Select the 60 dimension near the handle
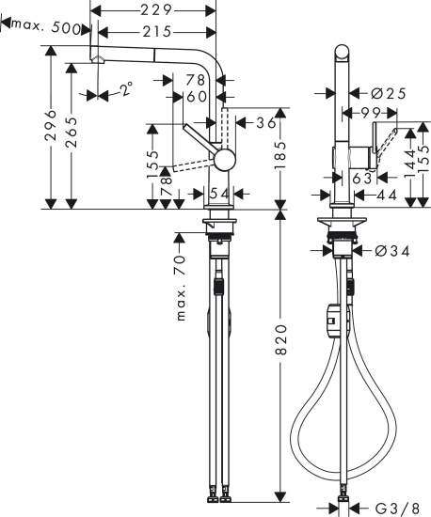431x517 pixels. point(196,96)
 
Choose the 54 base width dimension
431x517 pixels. point(218,193)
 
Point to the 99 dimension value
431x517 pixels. point(367,113)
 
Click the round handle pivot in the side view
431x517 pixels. point(224,160)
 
